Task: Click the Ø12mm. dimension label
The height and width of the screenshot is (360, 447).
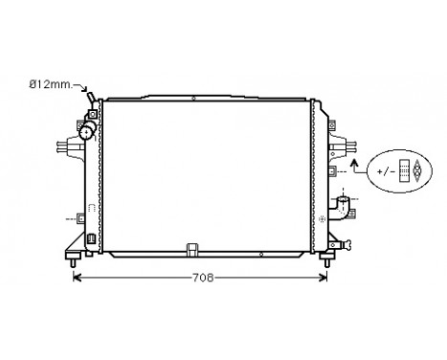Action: coord(51,84)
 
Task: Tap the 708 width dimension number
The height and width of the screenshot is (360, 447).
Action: coord(202,278)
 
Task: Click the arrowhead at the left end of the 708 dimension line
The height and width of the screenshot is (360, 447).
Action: coord(78,278)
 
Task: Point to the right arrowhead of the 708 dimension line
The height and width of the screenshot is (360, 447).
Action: coord(324,278)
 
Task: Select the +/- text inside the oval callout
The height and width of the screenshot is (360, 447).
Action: coord(386,171)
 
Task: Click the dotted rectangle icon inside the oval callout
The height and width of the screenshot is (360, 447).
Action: coord(404,170)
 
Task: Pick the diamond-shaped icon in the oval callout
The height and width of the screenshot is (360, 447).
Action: coord(416,170)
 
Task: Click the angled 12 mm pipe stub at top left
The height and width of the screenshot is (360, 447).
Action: coord(91,98)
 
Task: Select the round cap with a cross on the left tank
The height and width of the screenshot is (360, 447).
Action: coord(86,132)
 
